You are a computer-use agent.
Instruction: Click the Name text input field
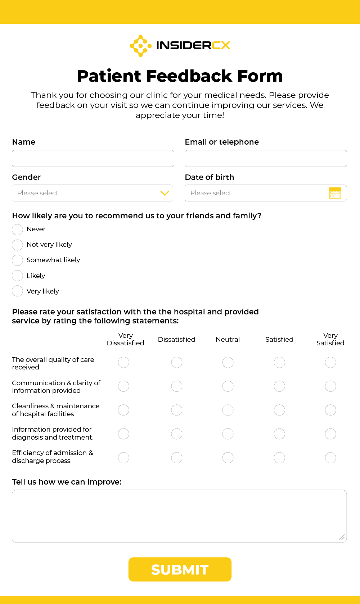pyautogui.click(x=93, y=158)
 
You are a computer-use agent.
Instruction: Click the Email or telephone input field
pyautogui.click(x=266, y=158)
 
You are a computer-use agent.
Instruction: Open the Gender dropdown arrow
pyautogui.click(x=165, y=193)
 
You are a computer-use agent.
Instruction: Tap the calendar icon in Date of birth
pyautogui.click(x=335, y=193)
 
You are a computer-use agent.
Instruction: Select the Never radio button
pyautogui.click(x=17, y=230)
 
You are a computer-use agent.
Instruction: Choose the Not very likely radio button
pyautogui.click(x=17, y=245)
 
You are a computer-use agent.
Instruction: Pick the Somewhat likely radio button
pyautogui.click(x=17, y=260)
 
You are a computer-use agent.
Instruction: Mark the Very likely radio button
pyautogui.click(x=17, y=291)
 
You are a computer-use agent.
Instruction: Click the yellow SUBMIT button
pyautogui.click(x=180, y=569)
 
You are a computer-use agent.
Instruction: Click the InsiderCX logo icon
pyautogui.click(x=140, y=46)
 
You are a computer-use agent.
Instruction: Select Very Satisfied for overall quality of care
pyautogui.click(x=330, y=362)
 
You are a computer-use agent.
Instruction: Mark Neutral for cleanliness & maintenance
pyautogui.click(x=228, y=410)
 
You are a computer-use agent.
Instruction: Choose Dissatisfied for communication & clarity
pyautogui.click(x=177, y=386)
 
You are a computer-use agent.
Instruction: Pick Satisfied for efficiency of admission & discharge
pyautogui.click(x=279, y=458)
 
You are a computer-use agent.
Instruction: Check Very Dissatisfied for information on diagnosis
pyautogui.click(x=123, y=434)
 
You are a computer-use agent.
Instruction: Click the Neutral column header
pyautogui.click(x=228, y=339)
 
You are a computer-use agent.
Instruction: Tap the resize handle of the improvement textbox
pyautogui.click(x=342, y=537)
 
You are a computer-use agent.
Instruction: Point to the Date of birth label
pyautogui.click(x=210, y=177)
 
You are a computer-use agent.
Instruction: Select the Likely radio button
pyautogui.click(x=17, y=276)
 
